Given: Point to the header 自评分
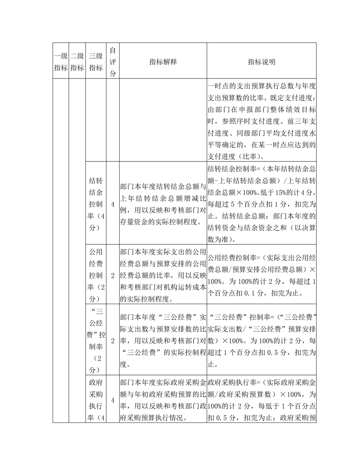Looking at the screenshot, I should click(112, 61).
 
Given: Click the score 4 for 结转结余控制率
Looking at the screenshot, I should click(112, 204).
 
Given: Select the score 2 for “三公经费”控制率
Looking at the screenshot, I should click(112, 340).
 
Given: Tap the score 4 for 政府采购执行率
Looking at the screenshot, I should click(112, 399).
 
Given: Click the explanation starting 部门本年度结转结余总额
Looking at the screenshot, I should click(163, 204).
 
